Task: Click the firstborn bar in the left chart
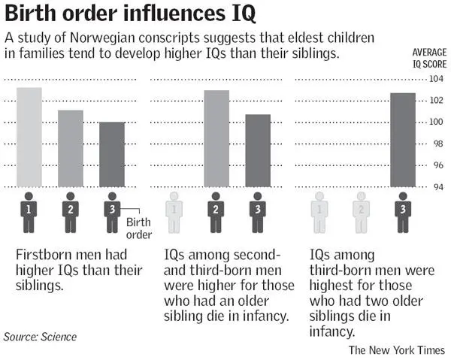29,138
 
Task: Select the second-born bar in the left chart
71,149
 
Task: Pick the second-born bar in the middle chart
216,139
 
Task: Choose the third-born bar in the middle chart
258,150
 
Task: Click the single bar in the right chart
403,140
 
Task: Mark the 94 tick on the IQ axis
437,187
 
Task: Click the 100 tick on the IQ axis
437,123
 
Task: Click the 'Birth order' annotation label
138,228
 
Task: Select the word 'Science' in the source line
59,337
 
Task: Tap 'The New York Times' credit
396,350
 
